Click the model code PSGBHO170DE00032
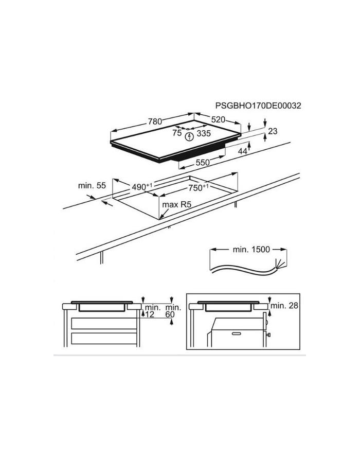point(258,106)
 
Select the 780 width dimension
point(155,121)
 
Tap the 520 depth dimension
point(218,119)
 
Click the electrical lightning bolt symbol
point(189,136)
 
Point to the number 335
point(204,133)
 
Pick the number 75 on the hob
point(177,133)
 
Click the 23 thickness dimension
point(273,131)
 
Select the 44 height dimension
point(243,151)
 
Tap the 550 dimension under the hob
point(203,163)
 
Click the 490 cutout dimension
point(142,187)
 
